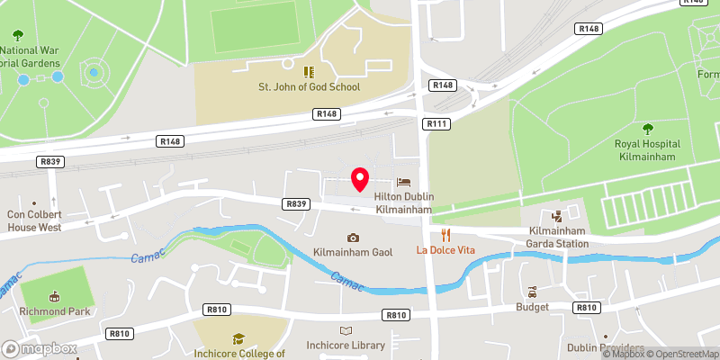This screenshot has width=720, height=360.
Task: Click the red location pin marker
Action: (360, 179)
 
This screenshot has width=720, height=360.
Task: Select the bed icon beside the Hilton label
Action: (402, 183)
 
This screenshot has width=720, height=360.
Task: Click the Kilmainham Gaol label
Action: (353, 255)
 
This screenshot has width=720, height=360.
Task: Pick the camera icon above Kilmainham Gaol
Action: (353, 238)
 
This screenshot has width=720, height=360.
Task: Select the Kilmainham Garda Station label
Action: (556, 237)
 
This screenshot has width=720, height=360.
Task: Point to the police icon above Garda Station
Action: (556, 215)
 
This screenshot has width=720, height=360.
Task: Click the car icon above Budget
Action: (532, 292)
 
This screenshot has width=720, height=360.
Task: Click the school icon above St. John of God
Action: (307, 71)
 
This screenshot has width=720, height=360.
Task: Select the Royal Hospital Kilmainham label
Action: (647, 150)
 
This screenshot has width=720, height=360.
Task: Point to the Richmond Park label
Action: (54, 313)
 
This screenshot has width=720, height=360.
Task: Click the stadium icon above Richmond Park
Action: (54, 296)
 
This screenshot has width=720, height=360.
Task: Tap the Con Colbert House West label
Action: (34, 221)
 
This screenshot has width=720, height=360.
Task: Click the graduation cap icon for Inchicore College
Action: (239, 338)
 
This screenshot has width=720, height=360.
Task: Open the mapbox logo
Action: (40, 348)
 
